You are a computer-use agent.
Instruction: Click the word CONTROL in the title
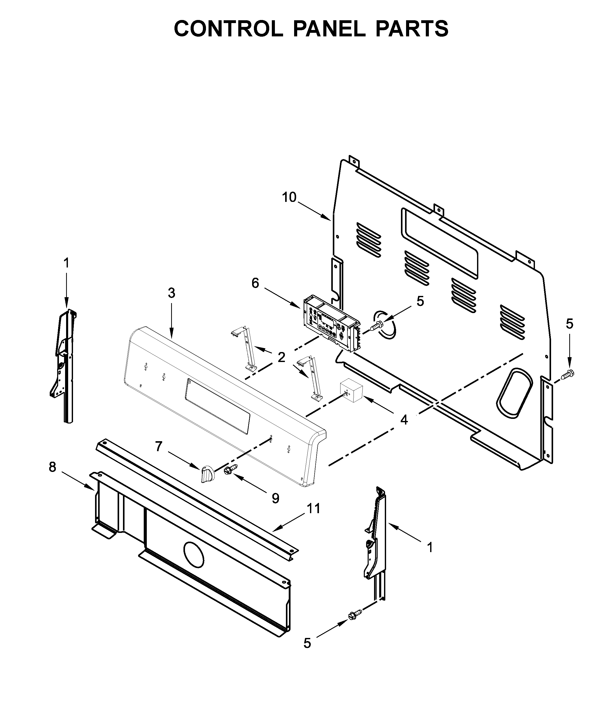pyautogui.click(x=228, y=29)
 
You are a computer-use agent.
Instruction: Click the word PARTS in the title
pyautogui.click(x=412, y=29)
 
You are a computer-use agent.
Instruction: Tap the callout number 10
pyautogui.click(x=289, y=198)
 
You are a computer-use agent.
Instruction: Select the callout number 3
pyautogui.click(x=171, y=293)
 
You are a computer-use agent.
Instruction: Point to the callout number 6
pyautogui.click(x=255, y=283)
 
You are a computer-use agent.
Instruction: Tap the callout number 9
pyautogui.click(x=275, y=498)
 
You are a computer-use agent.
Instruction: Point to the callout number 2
pyautogui.click(x=282, y=357)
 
